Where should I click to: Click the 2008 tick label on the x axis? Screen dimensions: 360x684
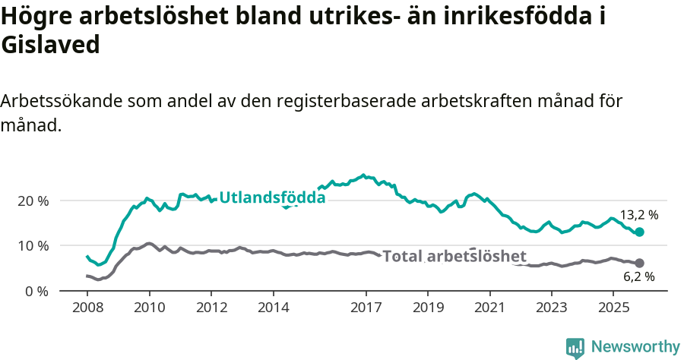pos(87,309)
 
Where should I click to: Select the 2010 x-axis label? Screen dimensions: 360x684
pos(149,309)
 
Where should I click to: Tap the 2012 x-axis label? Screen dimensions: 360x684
pos(211,309)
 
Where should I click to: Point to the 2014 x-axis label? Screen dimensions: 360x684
pos(273,309)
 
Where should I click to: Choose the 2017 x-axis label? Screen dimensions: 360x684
pos(366,309)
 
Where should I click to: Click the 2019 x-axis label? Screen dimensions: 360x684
pos(428,309)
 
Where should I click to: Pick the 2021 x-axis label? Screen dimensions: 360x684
pos(489,309)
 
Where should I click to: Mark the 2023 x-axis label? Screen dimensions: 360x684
pos(551,309)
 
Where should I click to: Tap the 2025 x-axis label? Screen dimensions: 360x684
pos(613,309)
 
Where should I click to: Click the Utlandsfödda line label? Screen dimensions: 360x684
pos(272,198)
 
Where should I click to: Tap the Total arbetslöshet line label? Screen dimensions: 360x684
pos(454,256)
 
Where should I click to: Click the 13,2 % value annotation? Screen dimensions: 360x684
pos(638,215)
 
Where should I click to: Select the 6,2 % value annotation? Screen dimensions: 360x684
pos(638,277)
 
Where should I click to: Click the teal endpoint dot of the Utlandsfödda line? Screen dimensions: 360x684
pos(639,232)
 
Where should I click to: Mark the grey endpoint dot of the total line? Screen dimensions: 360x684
pos(639,263)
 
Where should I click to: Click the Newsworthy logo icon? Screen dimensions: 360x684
pos(575,347)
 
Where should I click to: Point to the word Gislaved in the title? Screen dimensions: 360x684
pos(51,46)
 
